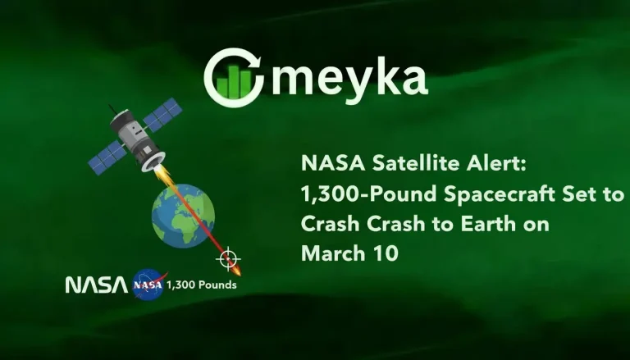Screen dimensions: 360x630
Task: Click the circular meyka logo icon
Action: point(234,79)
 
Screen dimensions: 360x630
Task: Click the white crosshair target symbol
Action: point(228,259)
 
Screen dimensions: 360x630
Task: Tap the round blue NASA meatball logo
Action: point(148,285)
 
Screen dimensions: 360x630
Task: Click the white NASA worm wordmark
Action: point(96,285)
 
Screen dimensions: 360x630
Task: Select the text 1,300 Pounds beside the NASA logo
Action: point(201,285)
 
